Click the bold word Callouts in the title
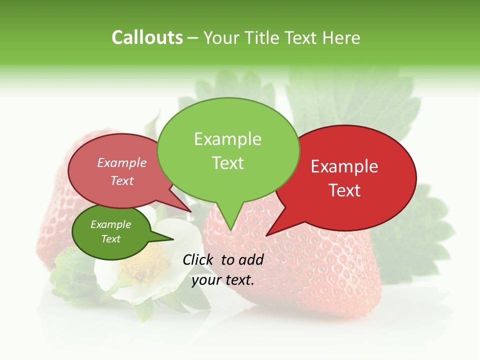coord(147,38)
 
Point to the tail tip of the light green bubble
coord(230,229)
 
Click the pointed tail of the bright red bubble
coord(267,234)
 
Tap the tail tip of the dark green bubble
coord(172,239)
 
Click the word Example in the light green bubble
coord(227,139)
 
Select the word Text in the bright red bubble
coord(345,190)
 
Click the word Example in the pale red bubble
coord(122,163)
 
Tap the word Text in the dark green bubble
coord(111,239)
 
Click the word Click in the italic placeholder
coord(198,259)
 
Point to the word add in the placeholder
coord(251,259)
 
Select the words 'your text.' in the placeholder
coord(223,280)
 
